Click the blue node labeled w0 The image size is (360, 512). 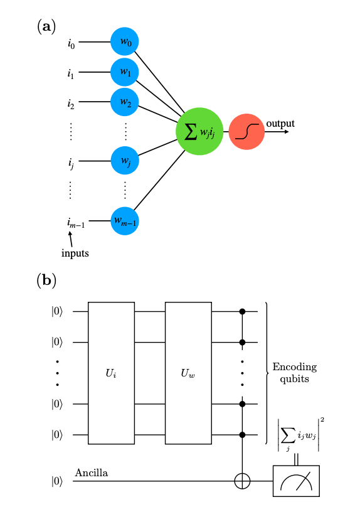coord(125,41)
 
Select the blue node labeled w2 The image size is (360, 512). coord(125,102)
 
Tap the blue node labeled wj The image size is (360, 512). coord(125,161)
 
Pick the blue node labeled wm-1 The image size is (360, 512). coord(125,221)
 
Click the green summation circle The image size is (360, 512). coord(199,131)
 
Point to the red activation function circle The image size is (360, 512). coord(246,132)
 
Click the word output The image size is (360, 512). coord(280,124)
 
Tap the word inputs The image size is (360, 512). coord(75,253)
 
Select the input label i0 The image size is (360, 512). coord(71,43)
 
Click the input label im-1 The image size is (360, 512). coord(76,223)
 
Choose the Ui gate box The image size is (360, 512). coord(111,373)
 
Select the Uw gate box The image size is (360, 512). coord(188,373)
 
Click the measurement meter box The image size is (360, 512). coord(296,481)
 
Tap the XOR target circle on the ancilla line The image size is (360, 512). coord(242,481)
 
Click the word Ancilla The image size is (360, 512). coord(92,472)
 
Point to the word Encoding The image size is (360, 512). coord(295,367)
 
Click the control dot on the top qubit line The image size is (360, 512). coord(242,311)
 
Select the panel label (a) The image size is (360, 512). coord(46,26)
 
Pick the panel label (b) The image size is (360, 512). coord(46,280)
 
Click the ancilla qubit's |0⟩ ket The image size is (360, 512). coord(57,481)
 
